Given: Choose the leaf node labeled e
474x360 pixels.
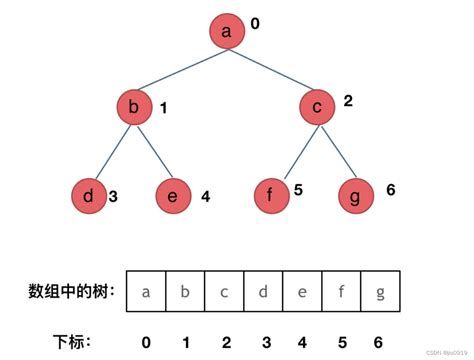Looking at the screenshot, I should pos(173,196).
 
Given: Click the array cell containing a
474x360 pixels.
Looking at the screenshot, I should pos(147,292).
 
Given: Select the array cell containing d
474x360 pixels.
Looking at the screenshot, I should pos(263,292).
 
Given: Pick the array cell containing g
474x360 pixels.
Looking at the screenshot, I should pos(379,292).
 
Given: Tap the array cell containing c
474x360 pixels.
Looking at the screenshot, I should pos(224,292).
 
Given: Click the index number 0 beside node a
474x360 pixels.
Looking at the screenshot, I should pos(256,21).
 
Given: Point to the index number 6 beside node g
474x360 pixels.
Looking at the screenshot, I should pos(390,189).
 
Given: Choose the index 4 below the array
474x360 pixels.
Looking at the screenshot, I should pos(301,342).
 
